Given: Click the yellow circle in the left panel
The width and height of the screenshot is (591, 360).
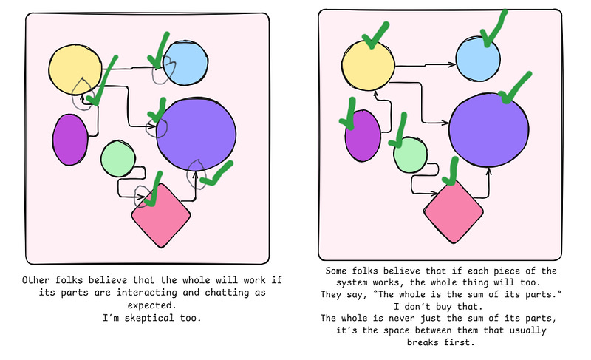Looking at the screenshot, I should pos(75,69).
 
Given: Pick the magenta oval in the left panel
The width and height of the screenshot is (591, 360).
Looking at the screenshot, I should pos(70,140).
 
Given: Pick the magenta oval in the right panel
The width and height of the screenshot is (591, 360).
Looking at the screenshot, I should pos(363,136).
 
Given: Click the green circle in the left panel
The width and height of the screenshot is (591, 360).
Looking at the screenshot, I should pos(117,158).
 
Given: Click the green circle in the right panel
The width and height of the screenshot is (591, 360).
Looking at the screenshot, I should pos(410,155).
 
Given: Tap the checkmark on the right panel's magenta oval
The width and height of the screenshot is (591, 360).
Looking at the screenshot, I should pos(347,112).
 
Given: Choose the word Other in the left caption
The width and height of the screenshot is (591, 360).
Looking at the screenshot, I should pos(38,281).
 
